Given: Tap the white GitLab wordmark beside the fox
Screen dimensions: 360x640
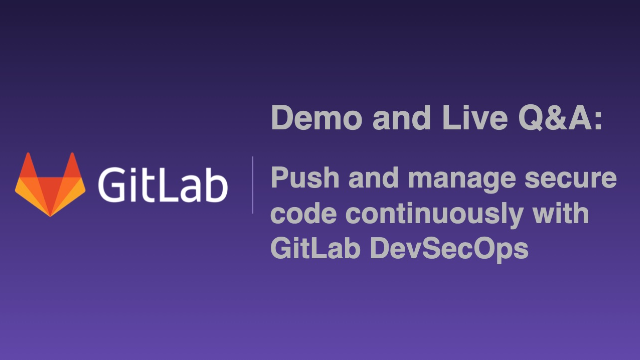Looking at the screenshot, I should [162, 185].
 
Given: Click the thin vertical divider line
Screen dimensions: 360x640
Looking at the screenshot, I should [252, 185].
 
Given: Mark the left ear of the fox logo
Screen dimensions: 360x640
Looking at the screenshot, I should [23, 164].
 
